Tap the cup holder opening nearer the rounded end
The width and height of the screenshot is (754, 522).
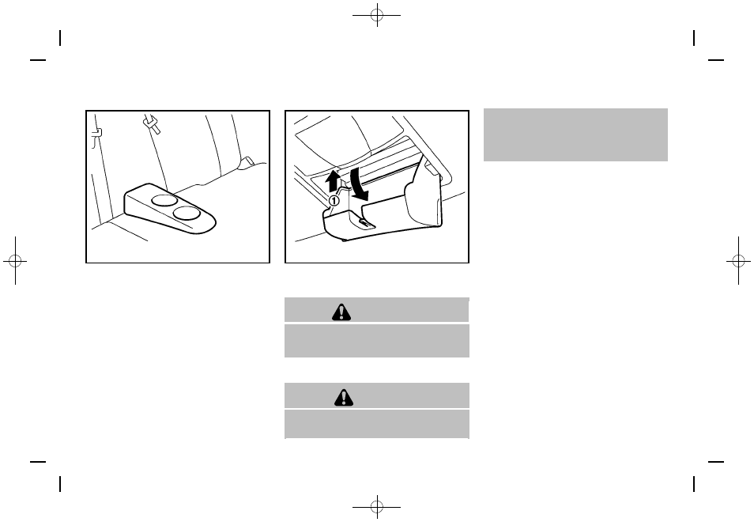[x=187, y=213]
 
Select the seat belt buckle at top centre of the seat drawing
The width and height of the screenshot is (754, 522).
[x=152, y=123]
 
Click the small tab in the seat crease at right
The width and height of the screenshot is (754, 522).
[x=247, y=161]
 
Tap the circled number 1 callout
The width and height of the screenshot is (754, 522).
[x=334, y=200]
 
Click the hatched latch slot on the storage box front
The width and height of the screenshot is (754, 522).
[x=365, y=223]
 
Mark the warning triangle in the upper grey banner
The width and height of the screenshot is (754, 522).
[x=341, y=312]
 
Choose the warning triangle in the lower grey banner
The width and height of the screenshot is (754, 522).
[x=344, y=397]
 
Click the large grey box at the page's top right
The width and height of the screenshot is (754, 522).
[x=575, y=134]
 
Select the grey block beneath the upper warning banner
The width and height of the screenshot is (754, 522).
[x=377, y=341]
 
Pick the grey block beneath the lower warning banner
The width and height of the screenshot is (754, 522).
[x=377, y=424]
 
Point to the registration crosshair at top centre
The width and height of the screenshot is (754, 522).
[x=377, y=15]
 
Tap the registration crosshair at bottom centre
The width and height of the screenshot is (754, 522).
[x=377, y=507]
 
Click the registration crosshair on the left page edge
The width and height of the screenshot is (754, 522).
[x=15, y=261]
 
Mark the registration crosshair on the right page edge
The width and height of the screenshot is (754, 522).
[x=739, y=261]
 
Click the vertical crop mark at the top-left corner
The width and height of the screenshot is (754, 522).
[x=60, y=38]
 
